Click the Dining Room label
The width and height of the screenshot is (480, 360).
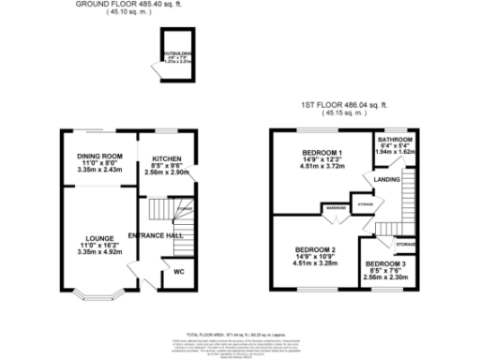[98, 156]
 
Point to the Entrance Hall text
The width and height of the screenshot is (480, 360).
[155, 234]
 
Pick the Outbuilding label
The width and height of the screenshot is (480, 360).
[175, 55]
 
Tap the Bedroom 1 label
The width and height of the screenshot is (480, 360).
[322, 152]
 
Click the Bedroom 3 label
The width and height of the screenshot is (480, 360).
[385, 265]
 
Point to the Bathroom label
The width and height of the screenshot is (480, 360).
[394, 140]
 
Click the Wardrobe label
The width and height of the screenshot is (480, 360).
[336, 207]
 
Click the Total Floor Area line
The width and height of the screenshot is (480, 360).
[240, 334]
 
